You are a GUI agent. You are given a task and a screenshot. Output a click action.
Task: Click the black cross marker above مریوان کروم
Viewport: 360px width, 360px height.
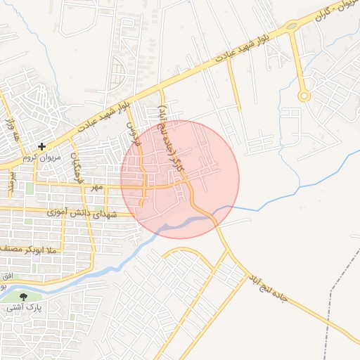43,147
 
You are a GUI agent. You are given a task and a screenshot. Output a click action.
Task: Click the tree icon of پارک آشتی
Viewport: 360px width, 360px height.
25,297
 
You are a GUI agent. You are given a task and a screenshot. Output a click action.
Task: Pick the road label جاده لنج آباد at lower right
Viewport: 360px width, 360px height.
267,289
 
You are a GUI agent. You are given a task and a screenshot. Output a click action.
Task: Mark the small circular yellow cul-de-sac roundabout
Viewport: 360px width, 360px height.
304,96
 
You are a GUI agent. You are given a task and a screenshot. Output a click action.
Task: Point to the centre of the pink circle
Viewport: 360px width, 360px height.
180,179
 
